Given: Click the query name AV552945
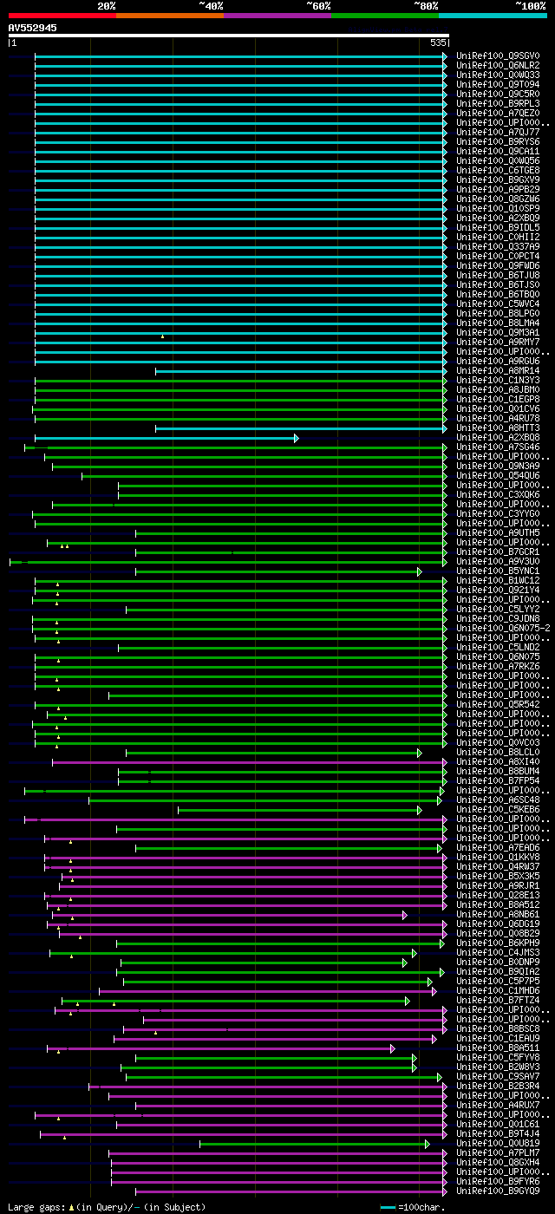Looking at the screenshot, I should click(33, 28).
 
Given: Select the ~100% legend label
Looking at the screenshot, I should click(531, 6).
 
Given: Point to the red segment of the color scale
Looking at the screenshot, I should click(62, 15).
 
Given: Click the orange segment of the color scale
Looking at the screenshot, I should click(169, 15).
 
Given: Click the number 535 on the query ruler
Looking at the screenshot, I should click(438, 42).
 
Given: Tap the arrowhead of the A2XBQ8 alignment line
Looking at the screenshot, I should click(296, 438).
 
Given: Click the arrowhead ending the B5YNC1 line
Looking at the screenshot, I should click(419, 571).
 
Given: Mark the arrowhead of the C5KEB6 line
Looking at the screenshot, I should click(419, 809).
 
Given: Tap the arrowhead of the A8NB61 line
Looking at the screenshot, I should click(404, 914).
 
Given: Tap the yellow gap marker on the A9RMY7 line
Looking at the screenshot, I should click(162, 336).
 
